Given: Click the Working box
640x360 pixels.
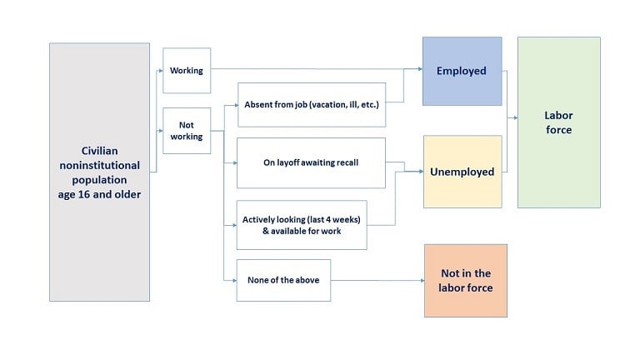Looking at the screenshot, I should tap(187, 70).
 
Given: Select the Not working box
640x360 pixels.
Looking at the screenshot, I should tap(187, 131).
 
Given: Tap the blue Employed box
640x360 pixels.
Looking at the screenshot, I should tap(462, 71).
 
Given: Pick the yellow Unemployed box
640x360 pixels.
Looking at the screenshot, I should tap(462, 172).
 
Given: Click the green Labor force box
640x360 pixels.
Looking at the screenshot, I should tap(558, 122).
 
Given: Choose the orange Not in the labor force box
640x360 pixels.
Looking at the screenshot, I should tap(465, 280).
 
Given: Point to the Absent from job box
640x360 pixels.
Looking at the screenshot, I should tap(311, 104).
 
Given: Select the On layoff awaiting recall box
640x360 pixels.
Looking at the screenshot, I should tap(311, 162).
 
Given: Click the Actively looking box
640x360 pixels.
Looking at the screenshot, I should tap(302, 225).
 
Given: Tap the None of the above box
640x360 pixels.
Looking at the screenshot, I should tap(283, 280).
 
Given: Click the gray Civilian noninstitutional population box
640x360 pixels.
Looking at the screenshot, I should tap(99, 172).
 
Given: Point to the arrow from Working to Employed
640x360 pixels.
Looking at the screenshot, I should tap(317, 70).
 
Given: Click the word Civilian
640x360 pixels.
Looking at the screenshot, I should tap(99, 150).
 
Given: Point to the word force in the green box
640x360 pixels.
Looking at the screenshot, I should tap(559, 130).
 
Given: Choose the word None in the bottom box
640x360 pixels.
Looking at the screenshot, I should tap(259, 280).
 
